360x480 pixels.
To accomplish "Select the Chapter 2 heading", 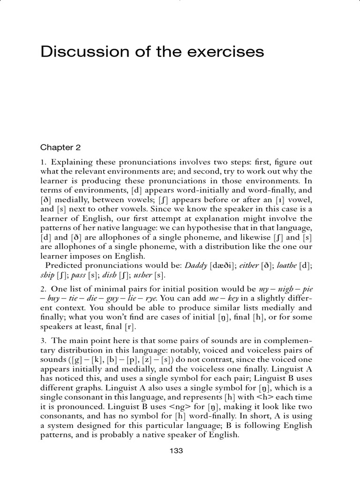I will [x=60, y=147].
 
